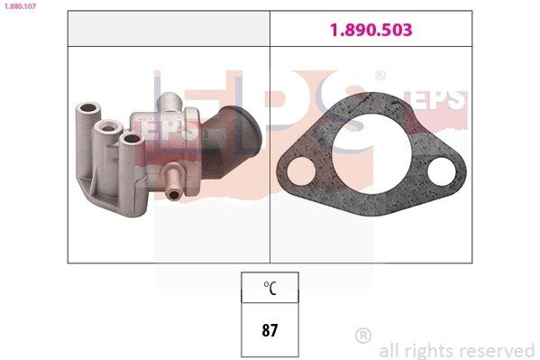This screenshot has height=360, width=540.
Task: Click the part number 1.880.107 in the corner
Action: pos(20,5)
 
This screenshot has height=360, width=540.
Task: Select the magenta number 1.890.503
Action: pos(371,30)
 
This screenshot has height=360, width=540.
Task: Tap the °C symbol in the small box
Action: pos(270,288)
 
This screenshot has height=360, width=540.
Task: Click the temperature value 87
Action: pos(270,330)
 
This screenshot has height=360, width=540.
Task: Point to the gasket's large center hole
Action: pos(371,152)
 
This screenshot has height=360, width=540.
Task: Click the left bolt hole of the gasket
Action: pos(301,171)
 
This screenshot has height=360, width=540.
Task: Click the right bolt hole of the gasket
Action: pos(442,171)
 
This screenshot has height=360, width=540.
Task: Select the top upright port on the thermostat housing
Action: pos(169,101)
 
